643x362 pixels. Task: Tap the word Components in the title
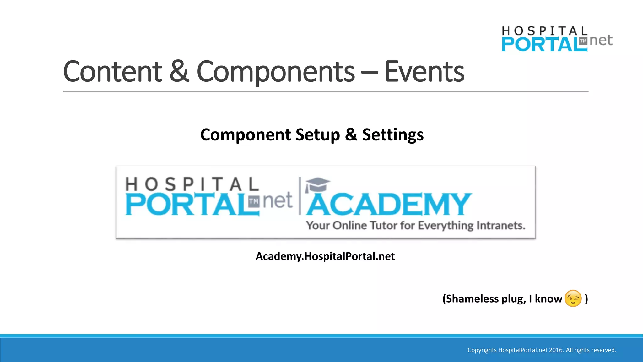275,72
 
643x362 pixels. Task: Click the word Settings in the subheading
393,135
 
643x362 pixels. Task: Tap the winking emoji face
573,299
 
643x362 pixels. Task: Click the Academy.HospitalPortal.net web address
325,256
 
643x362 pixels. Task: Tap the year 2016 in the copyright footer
556,350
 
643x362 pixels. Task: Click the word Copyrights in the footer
482,350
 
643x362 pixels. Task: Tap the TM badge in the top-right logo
583,41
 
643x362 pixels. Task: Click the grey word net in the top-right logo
601,40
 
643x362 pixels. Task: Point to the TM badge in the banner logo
254,201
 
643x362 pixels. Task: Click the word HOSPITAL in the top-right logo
544,31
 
